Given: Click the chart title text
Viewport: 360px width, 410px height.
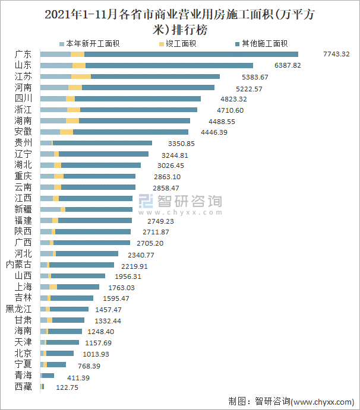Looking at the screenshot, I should (180, 22).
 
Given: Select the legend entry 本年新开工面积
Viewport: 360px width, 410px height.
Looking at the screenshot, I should (91, 44).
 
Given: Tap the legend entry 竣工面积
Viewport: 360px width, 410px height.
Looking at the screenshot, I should (181, 44).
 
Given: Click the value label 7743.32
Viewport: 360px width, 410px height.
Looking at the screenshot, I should (336, 55).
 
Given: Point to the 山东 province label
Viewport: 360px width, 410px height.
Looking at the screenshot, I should (23, 65).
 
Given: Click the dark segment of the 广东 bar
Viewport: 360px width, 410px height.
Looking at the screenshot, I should (190, 55).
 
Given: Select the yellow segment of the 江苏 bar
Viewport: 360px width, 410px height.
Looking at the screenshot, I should (81, 77).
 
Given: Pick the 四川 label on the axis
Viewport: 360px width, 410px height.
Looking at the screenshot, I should (23, 98).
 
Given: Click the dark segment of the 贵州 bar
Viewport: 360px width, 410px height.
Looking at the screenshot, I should (102, 143).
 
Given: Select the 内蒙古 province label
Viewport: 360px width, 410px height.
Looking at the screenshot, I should (18, 265).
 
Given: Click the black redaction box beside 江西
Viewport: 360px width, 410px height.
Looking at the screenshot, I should (180, 205).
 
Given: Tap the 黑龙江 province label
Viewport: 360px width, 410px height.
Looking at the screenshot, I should (18, 309).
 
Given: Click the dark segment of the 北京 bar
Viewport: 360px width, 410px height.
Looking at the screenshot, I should (59, 354).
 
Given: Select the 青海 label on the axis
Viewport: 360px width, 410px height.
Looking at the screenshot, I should (23, 376).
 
